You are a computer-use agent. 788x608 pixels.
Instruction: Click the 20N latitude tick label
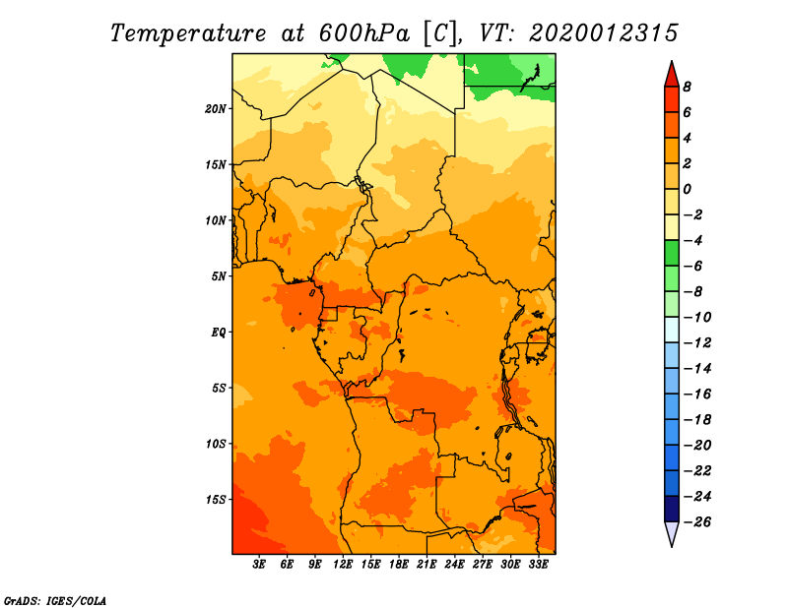point(215,109)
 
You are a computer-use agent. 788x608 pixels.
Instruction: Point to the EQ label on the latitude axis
point(219,333)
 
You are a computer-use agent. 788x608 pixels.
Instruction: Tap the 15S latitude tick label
point(215,500)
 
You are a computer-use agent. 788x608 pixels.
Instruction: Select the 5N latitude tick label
point(219,276)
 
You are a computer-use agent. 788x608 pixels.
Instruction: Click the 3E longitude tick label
point(259,564)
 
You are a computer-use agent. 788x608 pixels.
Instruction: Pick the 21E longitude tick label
point(427,564)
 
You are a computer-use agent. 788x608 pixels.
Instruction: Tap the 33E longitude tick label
point(538,564)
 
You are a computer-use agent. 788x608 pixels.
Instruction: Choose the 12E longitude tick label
point(343,564)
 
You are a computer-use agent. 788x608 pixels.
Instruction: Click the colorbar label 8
point(687,87)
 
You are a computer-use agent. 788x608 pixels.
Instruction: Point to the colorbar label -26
point(697,522)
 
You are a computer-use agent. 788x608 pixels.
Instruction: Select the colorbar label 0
point(687,189)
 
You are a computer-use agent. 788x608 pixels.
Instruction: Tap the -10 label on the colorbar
point(697,318)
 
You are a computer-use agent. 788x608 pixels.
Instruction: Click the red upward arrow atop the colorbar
point(672,76)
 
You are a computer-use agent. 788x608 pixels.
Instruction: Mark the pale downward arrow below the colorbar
point(672,533)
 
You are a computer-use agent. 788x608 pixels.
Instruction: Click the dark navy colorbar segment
point(672,509)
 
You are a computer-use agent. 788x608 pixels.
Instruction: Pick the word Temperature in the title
point(188,33)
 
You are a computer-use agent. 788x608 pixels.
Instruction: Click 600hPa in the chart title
point(364,33)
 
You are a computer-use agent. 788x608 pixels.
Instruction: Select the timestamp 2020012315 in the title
point(604,33)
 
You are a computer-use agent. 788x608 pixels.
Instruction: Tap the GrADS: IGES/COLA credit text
point(55,601)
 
